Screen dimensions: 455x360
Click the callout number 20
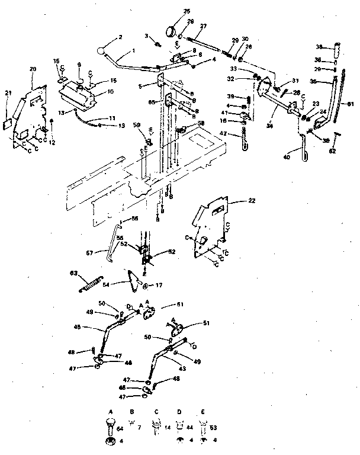coord(33,69)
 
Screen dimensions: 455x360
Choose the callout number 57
coord(89,252)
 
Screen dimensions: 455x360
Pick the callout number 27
coord(203,27)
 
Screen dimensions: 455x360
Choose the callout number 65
coord(152,102)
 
